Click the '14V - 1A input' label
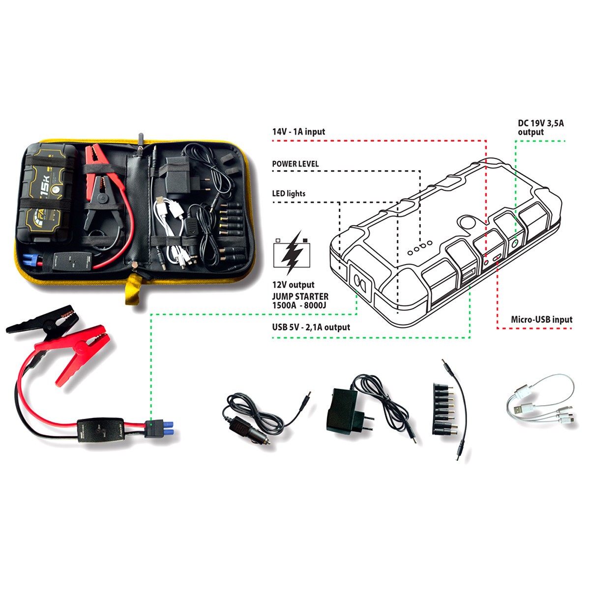(x=298, y=132)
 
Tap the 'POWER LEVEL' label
(x=295, y=164)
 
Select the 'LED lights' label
(x=289, y=194)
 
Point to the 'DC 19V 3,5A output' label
(x=541, y=127)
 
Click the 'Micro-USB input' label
(x=541, y=320)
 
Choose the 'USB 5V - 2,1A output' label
(x=311, y=327)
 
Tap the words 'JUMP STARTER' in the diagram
(x=300, y=296)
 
